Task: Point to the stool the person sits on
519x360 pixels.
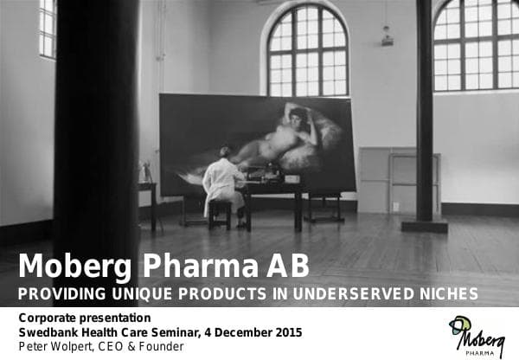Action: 221,212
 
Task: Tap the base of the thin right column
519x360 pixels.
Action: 424,225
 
